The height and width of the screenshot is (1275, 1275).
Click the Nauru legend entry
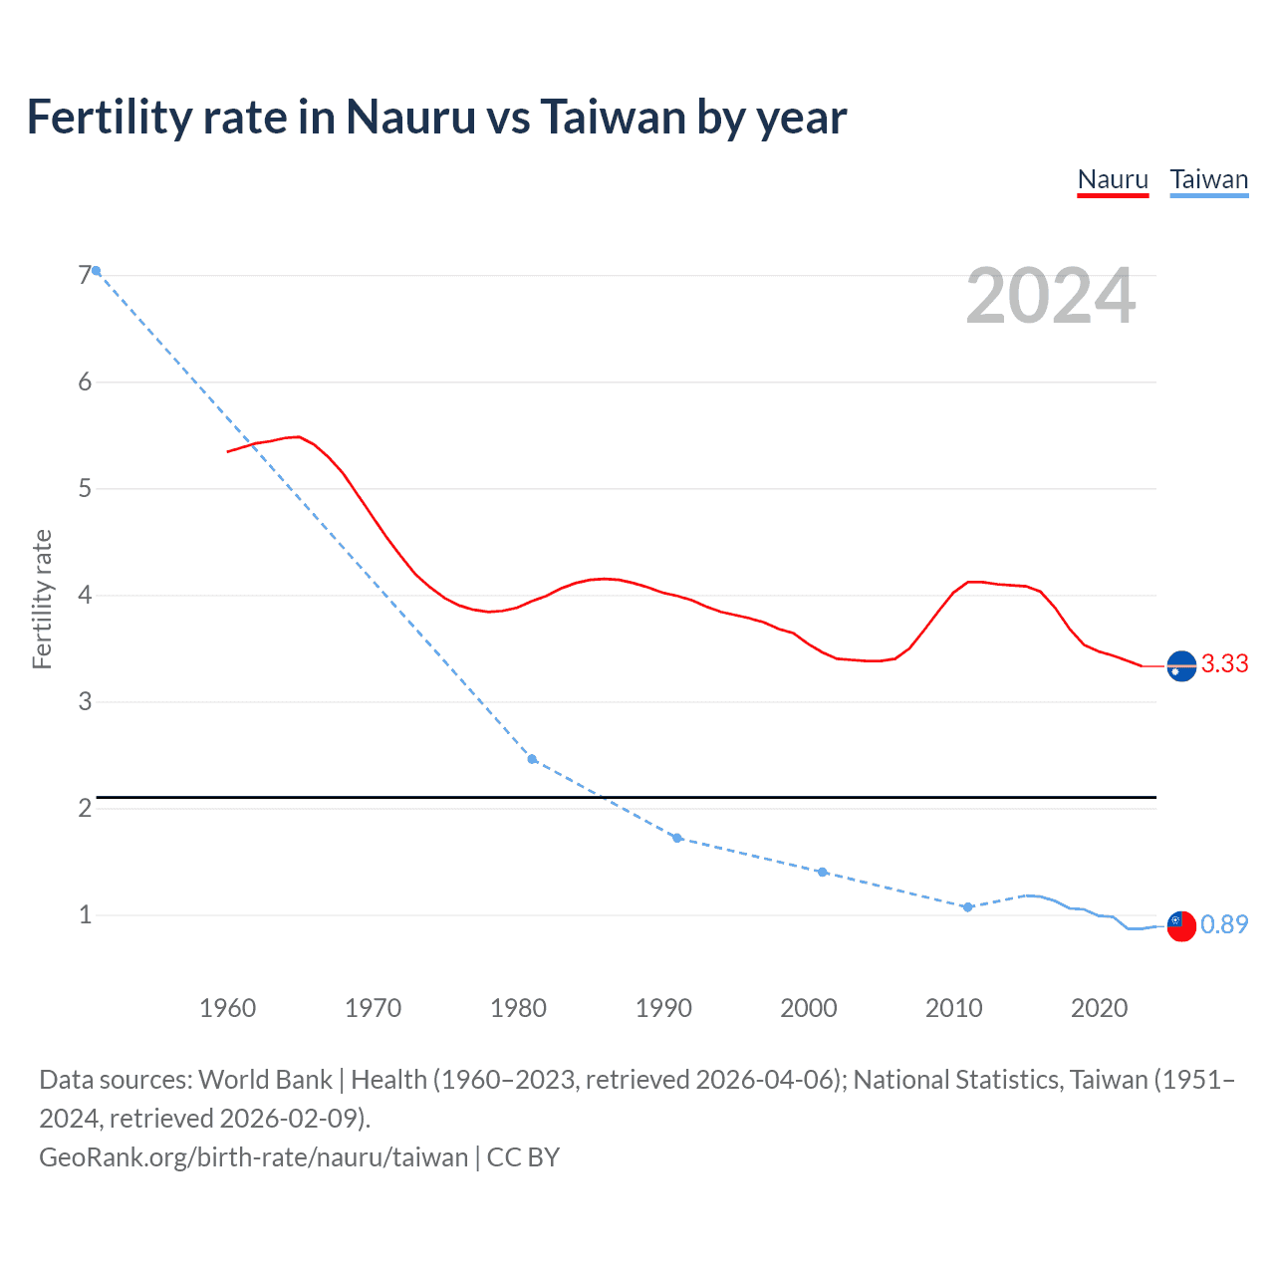click(x=1113, y=180)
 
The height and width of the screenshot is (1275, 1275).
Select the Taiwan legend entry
click(x=1208, y=180)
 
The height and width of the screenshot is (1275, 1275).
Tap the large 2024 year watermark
click(x=1050, y=297)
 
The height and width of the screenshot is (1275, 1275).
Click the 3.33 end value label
click(x=1224, y=664)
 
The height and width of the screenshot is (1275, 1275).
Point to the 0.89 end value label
click(x=1224, y=925)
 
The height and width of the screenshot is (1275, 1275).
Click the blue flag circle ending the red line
click(x=1181, y=665)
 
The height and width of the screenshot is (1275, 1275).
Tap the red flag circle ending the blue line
click(x=1181, y=925)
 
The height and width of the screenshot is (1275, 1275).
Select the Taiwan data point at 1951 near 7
click(x=97, y=271)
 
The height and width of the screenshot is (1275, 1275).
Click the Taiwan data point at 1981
click(x=532, y=759)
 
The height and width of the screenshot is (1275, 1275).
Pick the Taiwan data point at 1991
click(x=677, y=838)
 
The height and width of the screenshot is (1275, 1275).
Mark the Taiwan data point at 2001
click(x=822, y=872)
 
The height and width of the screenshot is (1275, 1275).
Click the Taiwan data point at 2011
click(x=967, y=907)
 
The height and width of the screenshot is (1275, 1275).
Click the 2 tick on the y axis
click(x=85, y=808)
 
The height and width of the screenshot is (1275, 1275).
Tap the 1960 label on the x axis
click(x=227, y=1008)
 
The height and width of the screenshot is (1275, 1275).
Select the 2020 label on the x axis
click(x=1099, y=1008)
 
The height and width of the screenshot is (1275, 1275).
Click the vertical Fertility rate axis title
click(x=42, y=599)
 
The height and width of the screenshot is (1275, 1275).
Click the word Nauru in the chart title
click(x=410, y=118)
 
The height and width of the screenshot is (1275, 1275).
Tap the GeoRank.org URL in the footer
click(x=253, y=1157)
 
